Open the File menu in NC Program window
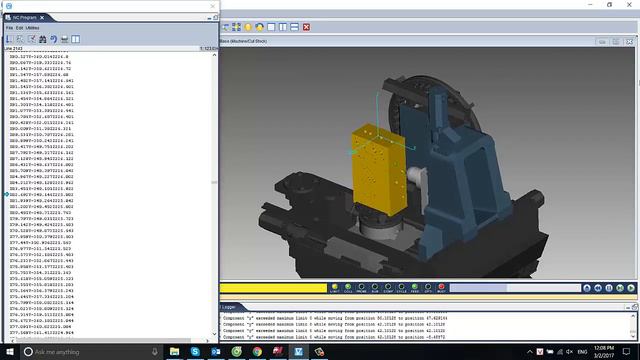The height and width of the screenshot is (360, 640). [10, 27]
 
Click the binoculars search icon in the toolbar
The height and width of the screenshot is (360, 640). [52, 39]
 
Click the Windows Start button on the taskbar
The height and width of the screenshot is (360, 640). [8, 352]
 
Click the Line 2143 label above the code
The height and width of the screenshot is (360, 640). [16, 48]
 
